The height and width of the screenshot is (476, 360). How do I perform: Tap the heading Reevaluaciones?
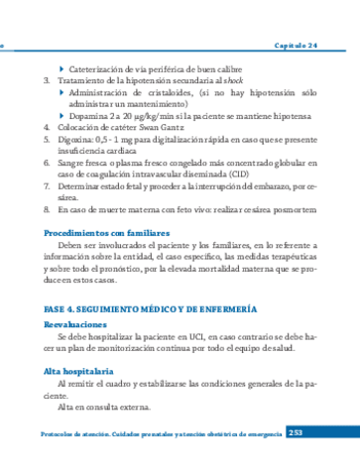coord(74,325)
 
